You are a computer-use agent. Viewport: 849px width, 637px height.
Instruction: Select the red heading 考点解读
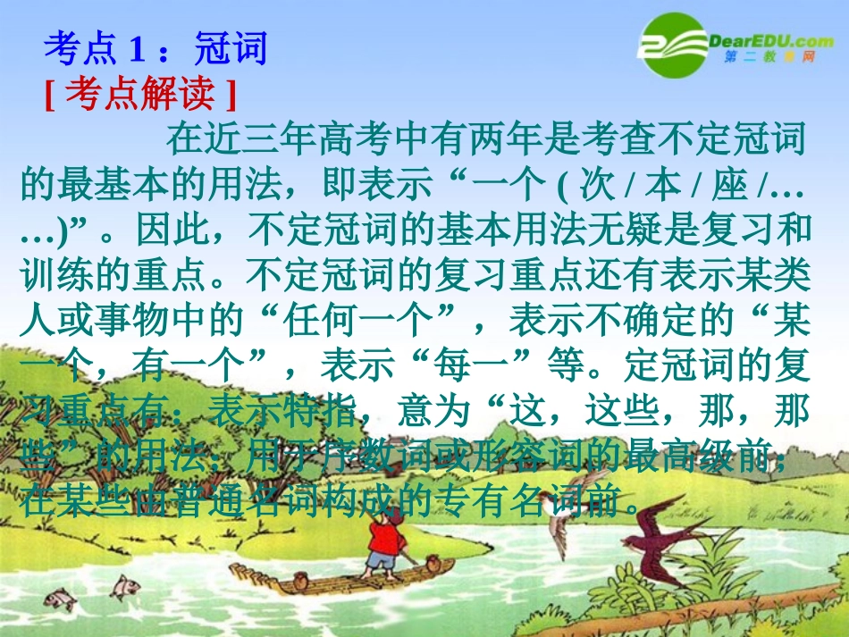[140, 94]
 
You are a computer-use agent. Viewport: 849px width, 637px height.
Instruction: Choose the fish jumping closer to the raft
[125, 586]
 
